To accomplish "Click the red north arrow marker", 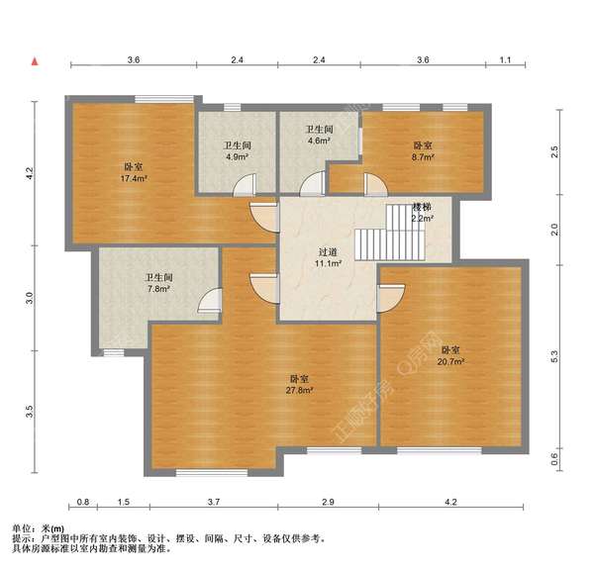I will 36,62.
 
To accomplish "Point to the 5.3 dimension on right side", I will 554,356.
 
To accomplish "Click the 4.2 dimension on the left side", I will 31,172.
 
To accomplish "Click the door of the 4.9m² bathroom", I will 247,184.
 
